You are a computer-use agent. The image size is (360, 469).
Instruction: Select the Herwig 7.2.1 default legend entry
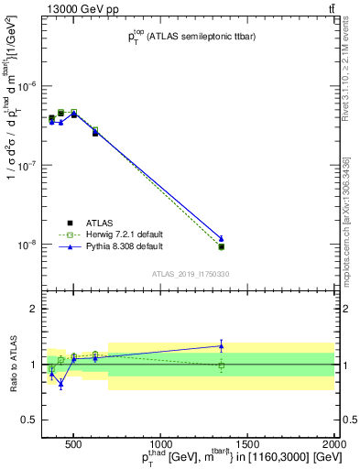click(x=115, y=234)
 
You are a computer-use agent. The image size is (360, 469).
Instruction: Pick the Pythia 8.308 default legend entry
click(x=115, y=246)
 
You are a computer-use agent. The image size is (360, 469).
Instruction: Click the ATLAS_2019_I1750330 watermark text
click(x=190, y=273)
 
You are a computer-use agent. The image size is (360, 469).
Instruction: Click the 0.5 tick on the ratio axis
click(x=32, y=420)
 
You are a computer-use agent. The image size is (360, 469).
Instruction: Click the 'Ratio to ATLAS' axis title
click(x=12, y=364)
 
